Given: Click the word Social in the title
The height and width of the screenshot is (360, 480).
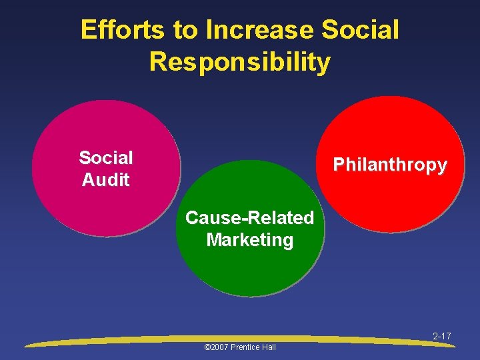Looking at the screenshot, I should coord(361,30).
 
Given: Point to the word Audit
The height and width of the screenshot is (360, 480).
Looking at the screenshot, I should coord(105,180).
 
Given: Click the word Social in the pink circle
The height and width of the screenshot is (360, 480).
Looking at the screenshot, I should coord(105,158).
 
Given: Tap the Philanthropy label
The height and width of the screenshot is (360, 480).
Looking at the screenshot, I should coord(390,165).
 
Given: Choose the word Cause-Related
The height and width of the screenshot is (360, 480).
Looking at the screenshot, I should coord(249,218).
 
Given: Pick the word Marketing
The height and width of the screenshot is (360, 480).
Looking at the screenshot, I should coord(249,239).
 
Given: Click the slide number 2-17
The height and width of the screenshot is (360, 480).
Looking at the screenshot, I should coord(441,336).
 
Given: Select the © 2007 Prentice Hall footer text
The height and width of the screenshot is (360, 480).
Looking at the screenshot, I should coord(239,347).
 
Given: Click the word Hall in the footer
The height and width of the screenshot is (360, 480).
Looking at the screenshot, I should coord(268,347).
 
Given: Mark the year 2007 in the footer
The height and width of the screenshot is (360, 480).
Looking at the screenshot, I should coord(218,347).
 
